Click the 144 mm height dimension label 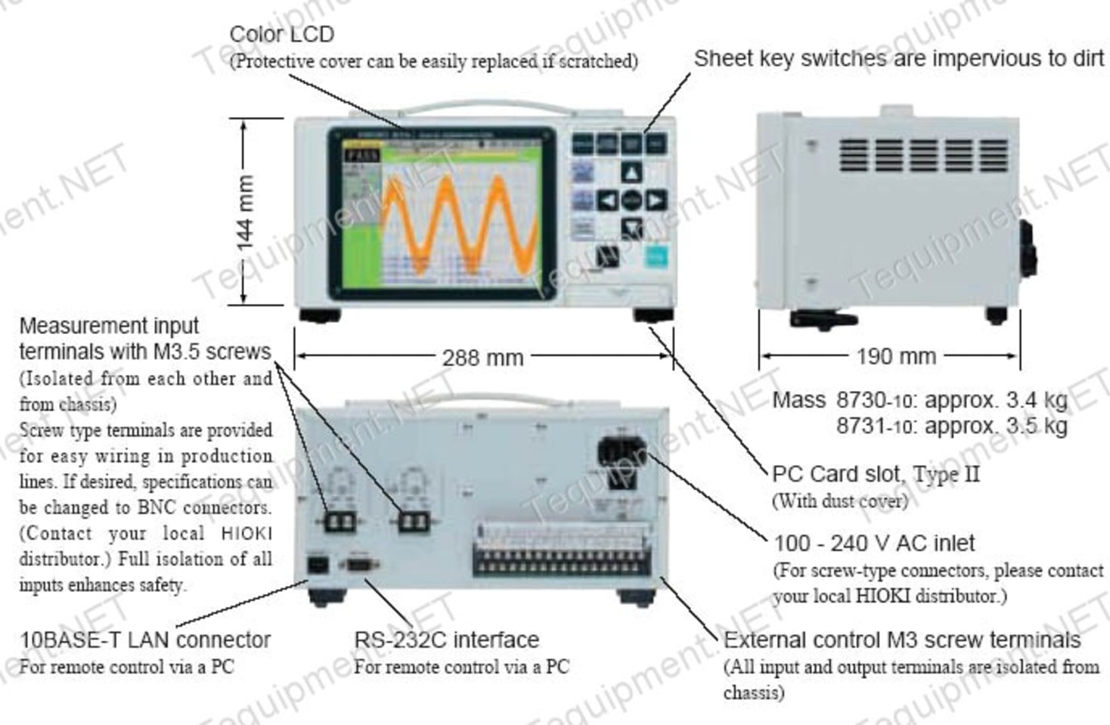[x=245, y=212]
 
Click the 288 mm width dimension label [x=482, y=357]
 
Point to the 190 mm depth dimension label [x=895, y=356]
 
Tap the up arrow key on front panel [x=631, y=173]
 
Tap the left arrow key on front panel [x=607, y=200]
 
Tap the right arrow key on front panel [x=656, y=200]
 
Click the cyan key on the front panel [x=656, y=256]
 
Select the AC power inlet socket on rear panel [x=621, y=451]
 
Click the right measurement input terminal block [x=414, y=520]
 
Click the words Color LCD [x=281, y=34]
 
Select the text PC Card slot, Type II [x=875, y=474]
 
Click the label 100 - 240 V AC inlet [x=874, y=543]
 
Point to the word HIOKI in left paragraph [x=246, y=534]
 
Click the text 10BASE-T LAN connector [x=145, y=640]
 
